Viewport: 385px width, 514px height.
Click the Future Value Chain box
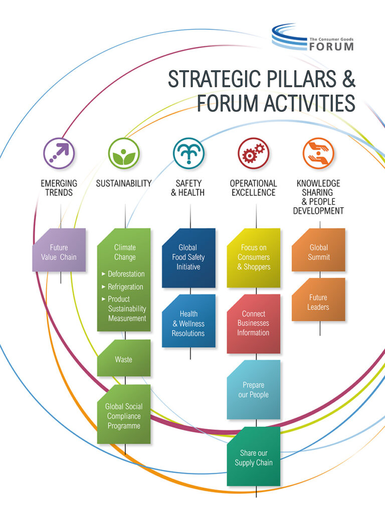[x=59, y=251]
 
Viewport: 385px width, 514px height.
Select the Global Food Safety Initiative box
[x=188, y=258]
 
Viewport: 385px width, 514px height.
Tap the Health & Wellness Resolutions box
[x=188, y=323]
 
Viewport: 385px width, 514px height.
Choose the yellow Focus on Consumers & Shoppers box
[x=254, y=258]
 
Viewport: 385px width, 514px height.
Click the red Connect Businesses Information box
[x=254, y=323]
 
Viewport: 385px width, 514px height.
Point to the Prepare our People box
[x=254, y=390]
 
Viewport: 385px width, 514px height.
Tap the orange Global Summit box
[x=319, y=251]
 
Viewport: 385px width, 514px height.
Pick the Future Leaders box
[x=319, y=301]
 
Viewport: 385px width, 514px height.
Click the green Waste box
[x=124, y=358]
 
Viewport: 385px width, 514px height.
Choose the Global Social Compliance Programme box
[x=124, y=415]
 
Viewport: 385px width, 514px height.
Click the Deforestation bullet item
[x=126, y=274]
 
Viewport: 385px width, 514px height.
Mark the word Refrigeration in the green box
[x=125, y=287]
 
